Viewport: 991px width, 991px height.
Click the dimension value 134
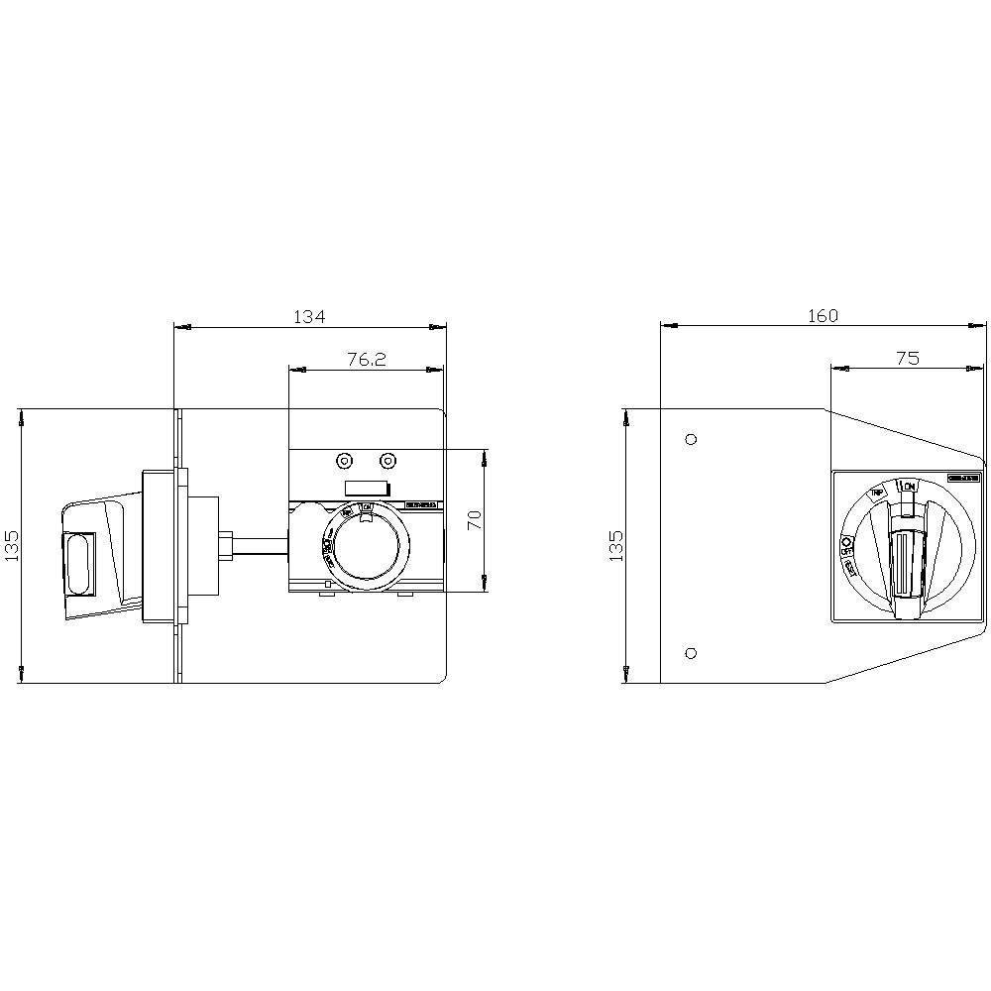tap(309, 316)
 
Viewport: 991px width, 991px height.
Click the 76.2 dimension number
tap(366, 360)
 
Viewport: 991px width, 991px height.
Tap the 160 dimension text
tap(823, 315)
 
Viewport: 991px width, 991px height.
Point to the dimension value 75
tap(908, 359)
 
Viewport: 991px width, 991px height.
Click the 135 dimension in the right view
tap(616, 545)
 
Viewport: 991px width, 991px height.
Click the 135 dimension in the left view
tap(13, 545)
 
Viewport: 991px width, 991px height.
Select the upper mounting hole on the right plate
tap(691, 439)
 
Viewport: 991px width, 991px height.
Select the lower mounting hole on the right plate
tap(691, 652)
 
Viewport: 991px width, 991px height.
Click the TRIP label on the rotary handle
tap(877, 493)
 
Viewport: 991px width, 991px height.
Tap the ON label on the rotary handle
tap(909, 487)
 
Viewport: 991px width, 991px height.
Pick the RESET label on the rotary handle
tap(851, 568)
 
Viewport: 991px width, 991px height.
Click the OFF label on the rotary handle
tap(847, 544)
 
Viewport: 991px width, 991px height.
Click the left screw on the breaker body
tap(344, 461)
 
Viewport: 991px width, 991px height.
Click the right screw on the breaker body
tap(388, 461)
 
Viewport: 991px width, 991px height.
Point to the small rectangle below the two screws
tap(365, 487)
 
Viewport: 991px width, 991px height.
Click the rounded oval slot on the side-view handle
tap(79, 566)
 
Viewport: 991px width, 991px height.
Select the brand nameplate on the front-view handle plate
tap(962, 479)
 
